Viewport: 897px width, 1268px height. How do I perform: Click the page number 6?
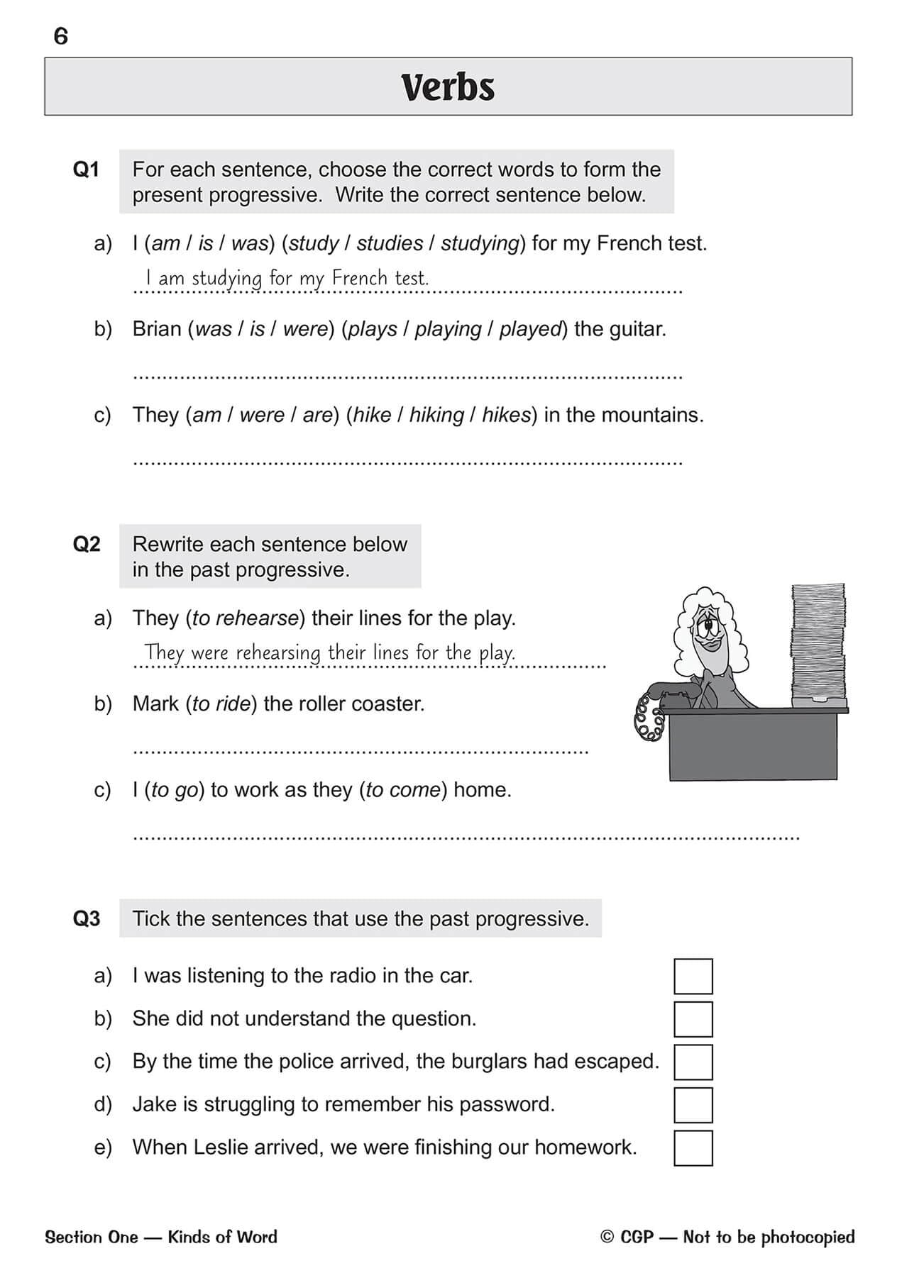(x=61, y=35)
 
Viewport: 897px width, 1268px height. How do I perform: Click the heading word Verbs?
(x=448, y=87)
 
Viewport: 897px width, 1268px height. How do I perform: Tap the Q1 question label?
(x=86, y=169)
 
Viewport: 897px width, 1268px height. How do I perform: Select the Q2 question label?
(x=87, y=544)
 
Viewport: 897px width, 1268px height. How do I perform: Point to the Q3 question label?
(x=87, y=918)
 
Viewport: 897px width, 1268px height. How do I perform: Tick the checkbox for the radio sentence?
(x=693, y=977)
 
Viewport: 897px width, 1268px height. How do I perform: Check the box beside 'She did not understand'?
(x=693, y=1019)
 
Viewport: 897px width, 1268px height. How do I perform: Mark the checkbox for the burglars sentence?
(x=693, y=1062)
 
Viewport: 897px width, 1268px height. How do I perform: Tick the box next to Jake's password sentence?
(x=693, y=1105)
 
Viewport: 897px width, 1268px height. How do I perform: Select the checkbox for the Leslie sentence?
(x=693, y=1147)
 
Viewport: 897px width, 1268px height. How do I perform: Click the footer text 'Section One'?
(x=90, y=1237)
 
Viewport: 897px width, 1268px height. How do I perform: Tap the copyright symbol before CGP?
(x=606, y=1237)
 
